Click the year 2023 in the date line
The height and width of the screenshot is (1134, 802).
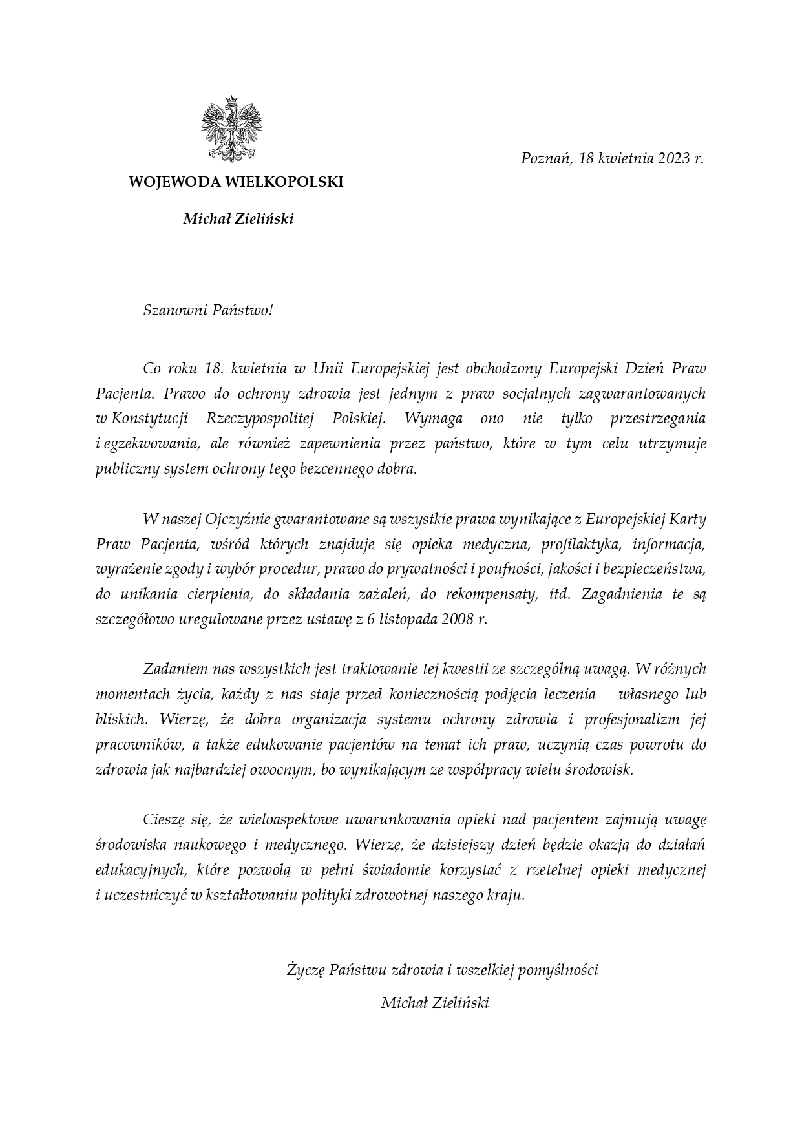point(674,158)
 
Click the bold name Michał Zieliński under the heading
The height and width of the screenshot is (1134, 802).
point(238,219)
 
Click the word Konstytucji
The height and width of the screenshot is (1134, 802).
point(149,418)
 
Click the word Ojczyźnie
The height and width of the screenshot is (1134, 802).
point(237,519)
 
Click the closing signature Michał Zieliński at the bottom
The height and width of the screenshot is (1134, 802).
point(435,1003)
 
